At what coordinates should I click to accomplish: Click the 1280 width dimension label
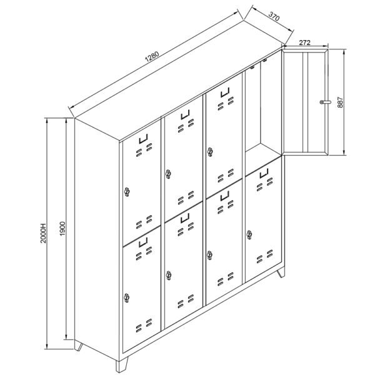point(152,57)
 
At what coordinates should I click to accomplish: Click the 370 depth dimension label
point(274,16)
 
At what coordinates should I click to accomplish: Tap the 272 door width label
point(305,42)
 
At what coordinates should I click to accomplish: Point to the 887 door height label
point(340,102)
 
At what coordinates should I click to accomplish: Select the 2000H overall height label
point(43,233)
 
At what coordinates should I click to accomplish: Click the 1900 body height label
point(62,229)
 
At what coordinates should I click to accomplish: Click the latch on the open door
point(326,102)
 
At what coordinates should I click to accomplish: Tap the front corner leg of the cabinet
point(122,364)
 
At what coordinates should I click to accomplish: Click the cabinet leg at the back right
point(281,272)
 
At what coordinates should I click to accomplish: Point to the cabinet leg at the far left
point(78,346)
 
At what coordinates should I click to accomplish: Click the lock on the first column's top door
point(127,192)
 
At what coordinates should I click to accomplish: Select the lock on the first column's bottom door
point(126,297)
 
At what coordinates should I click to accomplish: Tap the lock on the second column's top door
point(168,174)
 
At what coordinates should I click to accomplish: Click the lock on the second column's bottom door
point(169,276)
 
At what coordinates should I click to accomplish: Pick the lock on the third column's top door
point(210,152)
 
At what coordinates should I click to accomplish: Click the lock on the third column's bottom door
point(209,255)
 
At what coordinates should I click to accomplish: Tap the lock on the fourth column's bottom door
point(249,235)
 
